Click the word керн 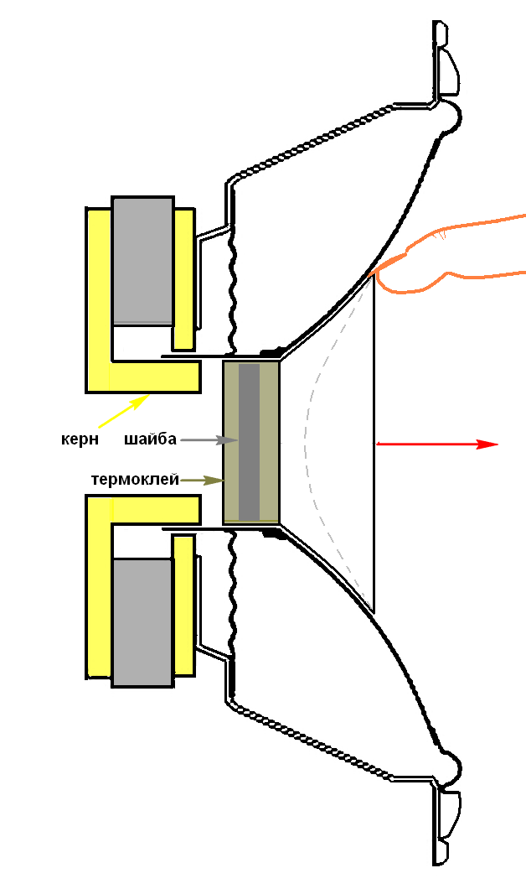tap(80, 439)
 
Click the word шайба tap(150, 439)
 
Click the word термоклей tap(135, 480)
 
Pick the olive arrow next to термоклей tap(204, 481)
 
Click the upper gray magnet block tap(142, 260)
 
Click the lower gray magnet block tap(142, 621)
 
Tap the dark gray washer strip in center tap(249, 442)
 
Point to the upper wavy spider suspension tap(232, 285)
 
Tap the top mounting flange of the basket tap(444, 59)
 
